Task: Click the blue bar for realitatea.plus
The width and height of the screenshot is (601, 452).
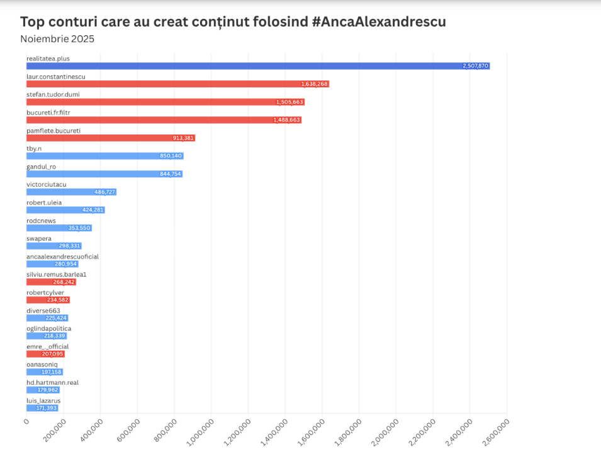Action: [x=257, y=66]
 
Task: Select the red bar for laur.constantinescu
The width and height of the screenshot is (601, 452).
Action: [x=177, y=84]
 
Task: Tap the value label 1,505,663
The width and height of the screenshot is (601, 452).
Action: [x=289, y=102]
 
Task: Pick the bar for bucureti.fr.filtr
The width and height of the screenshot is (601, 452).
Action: [x=164, y=120]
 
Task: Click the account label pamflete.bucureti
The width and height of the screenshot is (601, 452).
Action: [x=53, y=131]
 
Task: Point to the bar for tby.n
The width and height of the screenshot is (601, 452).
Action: [x=104, y=156]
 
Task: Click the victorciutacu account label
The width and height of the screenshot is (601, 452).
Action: [x=47, y=185]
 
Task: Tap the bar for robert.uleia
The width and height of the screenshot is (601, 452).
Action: [x=65, y=210]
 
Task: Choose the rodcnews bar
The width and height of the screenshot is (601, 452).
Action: [x=59, y=228]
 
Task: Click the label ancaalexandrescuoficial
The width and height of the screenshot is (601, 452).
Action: [x=62, y=256]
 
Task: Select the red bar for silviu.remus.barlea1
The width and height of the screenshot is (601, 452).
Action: [x=51, y=282]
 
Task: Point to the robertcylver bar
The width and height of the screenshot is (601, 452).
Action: [x=48, y=300]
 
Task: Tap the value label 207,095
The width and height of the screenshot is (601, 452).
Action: [x=52, y=354]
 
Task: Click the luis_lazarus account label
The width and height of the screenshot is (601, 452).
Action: [x=43, y=400]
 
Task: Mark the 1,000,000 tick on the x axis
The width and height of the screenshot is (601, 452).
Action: [x=200, y=433]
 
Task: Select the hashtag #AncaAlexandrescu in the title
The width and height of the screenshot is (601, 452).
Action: [x=379, y=21]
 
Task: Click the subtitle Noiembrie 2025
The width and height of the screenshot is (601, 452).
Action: [x=57, y=39]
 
